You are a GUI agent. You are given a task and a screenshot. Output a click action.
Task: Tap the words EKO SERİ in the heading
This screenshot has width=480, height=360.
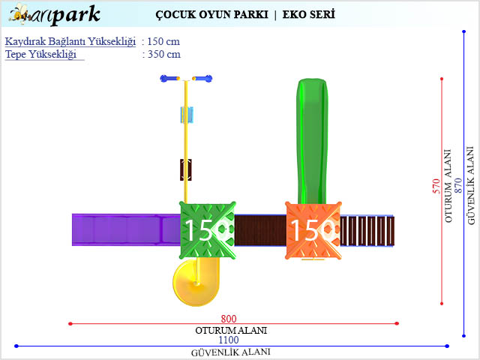pos(309,14)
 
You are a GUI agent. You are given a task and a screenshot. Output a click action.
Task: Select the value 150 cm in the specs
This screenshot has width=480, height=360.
pos(161,41)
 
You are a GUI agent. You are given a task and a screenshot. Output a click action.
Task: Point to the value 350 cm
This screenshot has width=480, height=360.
pos(161,54)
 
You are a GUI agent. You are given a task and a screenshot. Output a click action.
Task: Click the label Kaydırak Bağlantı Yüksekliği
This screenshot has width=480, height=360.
pos(70,41)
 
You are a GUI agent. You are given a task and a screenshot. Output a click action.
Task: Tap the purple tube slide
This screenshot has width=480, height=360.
pos(124,229)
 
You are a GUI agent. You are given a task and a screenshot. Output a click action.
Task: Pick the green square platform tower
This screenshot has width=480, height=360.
pos(207,229)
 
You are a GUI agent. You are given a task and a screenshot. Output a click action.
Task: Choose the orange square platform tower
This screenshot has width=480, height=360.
pos(313,230)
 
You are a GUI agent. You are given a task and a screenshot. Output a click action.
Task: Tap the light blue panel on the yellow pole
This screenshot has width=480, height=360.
pos(186,115)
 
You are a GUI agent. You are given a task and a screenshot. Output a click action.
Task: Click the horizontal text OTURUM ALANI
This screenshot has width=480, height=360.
pos(231,330)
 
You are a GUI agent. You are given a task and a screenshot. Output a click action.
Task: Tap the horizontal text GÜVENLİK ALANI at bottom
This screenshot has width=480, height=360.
pos(231,352)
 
